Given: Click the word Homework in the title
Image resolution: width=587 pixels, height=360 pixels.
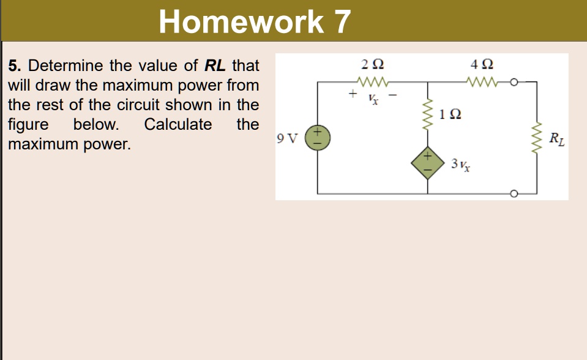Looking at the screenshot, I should tap(240, 22).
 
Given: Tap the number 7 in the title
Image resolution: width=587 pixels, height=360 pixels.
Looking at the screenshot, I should tap(342, 22).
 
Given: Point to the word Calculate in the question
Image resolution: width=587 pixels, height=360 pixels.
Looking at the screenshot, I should tap(178, 125).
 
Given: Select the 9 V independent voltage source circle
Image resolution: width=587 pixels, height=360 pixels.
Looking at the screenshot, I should tap(318, 137).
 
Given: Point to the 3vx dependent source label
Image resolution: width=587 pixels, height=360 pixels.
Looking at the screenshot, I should tap(460, 164).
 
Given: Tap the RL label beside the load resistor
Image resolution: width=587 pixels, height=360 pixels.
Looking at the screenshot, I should tap(557, 139).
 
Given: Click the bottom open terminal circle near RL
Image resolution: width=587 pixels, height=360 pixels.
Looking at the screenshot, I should tap(514, 194).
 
